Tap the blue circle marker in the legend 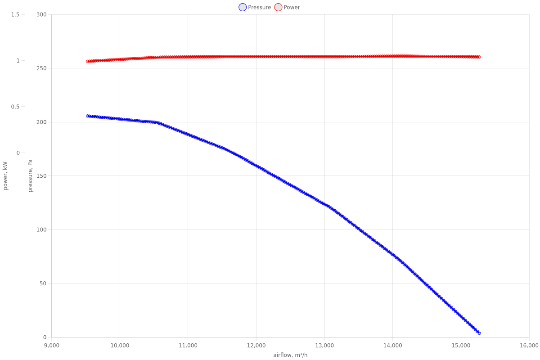click(x=243, y=7)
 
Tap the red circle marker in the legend click(x=278, y=7)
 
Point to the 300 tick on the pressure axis click(x=41, y=14)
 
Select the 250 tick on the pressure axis click(x=41, y=68)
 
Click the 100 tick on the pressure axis click(x=41, y=229)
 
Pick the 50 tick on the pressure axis click(x=43, y=283)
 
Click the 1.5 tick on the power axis click(x=15, y=14)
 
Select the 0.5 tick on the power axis click(x=15, y=107)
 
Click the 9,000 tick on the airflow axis click(x=52, y=346)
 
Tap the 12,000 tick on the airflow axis click(x=256, y=346)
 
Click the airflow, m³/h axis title click(x=290, y=355)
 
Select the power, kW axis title click(x=5, y=175)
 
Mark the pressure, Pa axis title click(x=31, y=175)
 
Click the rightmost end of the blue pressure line click(x=480, y=333)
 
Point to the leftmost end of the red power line click(x=88, y=61)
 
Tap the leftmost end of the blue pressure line click(x=88, y=116)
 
